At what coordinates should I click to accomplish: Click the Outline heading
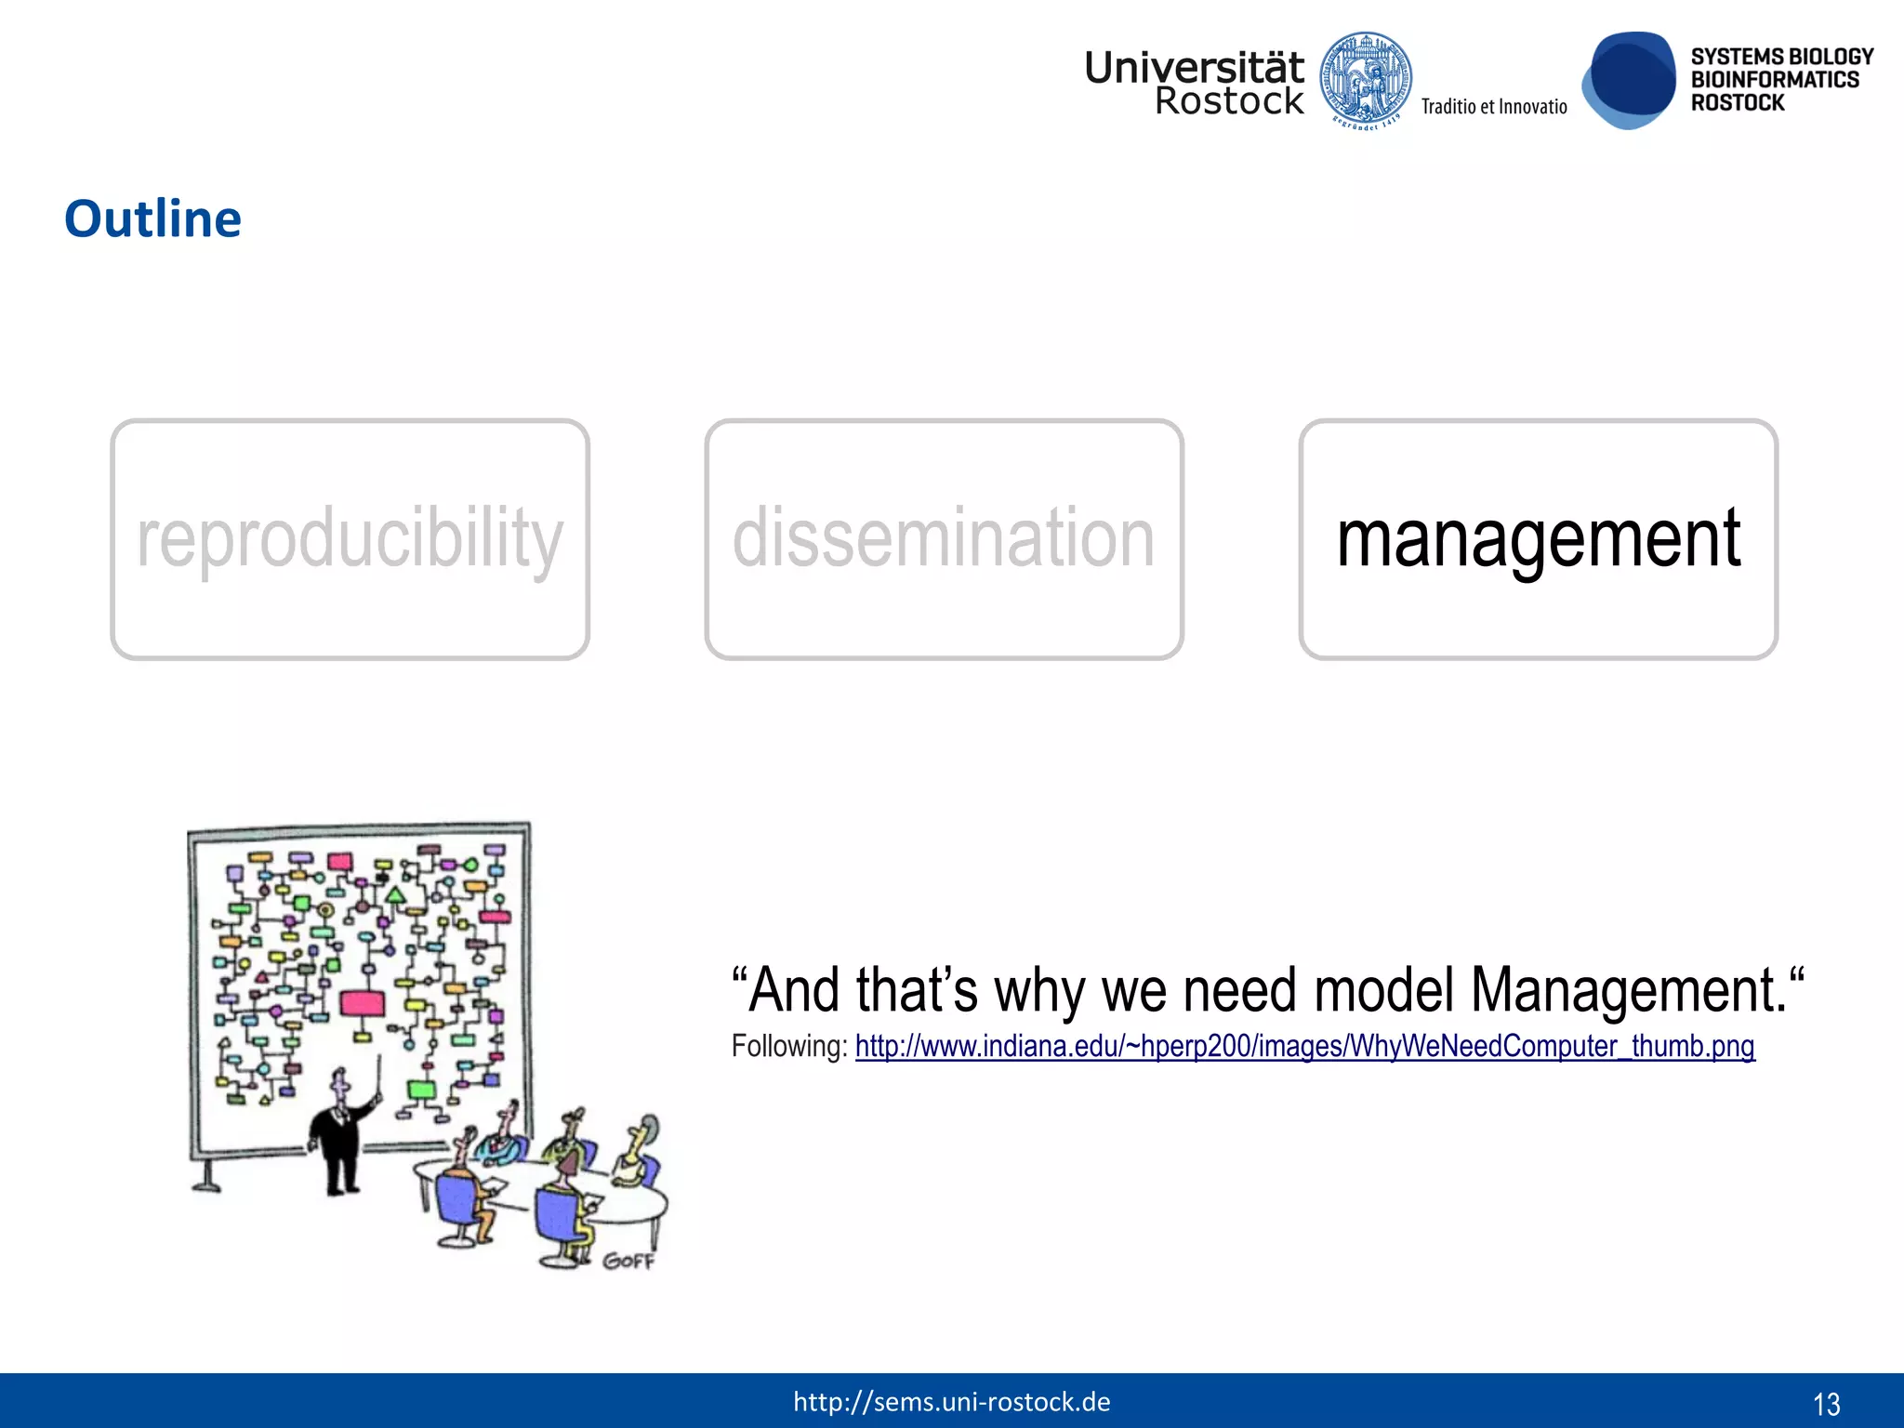click(x=152, y=219)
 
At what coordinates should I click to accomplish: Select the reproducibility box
click(x=350, y=539)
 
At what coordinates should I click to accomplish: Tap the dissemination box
click(x=944, y=539)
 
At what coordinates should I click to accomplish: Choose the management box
click(x=1538, y=539)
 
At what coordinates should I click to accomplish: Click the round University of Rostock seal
click(x=1366, y=81)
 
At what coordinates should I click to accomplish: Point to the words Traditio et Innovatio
click(x=1493, y=107)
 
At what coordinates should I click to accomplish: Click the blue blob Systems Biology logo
click(x=1629, y=81)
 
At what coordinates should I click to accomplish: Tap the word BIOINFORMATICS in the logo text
click(x=1774, y=80)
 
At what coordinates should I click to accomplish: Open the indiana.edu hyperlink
click(x=1304, y=1047)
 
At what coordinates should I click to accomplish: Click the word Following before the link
click(x=788, y=1047)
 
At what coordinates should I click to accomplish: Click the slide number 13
click(x=1826, y=1403)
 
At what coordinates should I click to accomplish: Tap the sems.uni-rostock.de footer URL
click(x=951, y=1402)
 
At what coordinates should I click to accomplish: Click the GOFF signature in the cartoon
click(x=628, y=1261)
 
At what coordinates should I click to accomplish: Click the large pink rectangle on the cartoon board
click(x=362, y=1003)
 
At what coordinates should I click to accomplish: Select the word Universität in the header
click(x=1194, y=68)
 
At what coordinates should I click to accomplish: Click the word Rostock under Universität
click(x=1228, y=101)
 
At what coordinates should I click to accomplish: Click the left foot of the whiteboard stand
click(x=206, y=1183)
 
